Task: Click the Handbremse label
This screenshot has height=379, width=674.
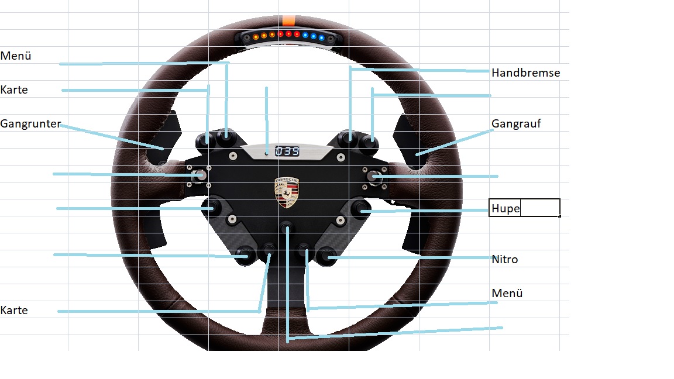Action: [x=525, y=73]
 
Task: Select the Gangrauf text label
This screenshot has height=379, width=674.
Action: [x=516, y=124]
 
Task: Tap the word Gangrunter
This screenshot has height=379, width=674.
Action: [x=30, y=124]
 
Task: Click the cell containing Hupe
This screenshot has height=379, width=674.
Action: [x=524, y=208]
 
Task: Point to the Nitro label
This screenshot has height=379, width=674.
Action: [x=504, y=259]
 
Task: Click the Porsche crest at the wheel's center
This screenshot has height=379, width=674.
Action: [x=286, y=192]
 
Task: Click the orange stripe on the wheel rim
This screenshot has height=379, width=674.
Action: [x=288, y=20]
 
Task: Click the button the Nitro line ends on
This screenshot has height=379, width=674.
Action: [x=325, y=256]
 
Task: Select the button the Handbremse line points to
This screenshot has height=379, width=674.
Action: [x=350, y=138]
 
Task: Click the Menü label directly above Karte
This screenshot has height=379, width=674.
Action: [x=16, y=56]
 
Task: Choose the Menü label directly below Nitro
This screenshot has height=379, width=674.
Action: [x=507, y=293]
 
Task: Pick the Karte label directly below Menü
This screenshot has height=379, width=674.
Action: [x=14, y=90]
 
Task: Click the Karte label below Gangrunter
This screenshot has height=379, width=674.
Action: [x=14, y=310]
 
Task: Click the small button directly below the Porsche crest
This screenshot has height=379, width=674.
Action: [x=287, y=227]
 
